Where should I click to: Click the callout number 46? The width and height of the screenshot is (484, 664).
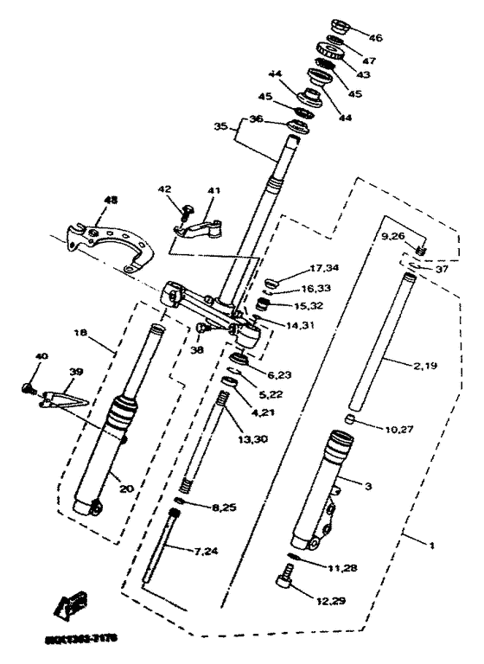(375, 38)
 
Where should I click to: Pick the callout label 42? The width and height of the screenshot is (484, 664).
(164, 189)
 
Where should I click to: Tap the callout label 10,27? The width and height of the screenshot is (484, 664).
(396, 426)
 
